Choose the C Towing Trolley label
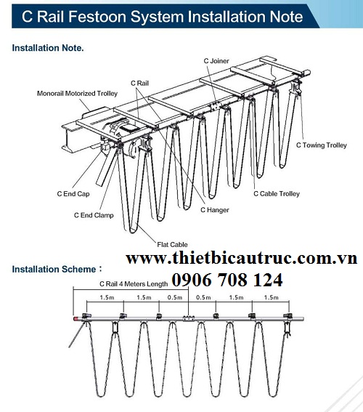(x=321, y=145)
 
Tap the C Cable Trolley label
(x=276, y=194)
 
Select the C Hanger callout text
(x=214, y=210)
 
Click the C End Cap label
(x=73, y=194)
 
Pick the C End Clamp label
(x=94, y=215)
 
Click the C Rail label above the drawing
(x=140, y=84)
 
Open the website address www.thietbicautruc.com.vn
(x=242, y=259)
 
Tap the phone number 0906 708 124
(x=227, y=280)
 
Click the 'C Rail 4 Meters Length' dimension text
(x=133, y=284)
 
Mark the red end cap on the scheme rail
(x=75, y=318)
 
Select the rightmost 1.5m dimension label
(x=271, y=298)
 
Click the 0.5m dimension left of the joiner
(x=174, y=298)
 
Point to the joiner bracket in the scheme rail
(x=188, y=318)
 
